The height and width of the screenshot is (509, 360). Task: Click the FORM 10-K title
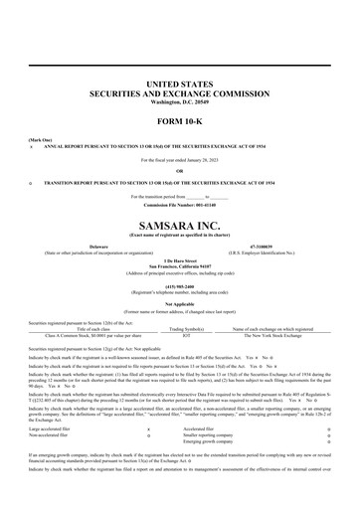(x=180, y=121)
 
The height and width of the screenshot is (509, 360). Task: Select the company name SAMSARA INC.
(x=180, y=227)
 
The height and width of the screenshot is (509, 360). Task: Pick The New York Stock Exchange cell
(x=271, y=335)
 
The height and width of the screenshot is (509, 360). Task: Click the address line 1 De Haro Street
(x=180, y=259)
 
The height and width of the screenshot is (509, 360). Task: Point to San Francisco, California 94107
(x=180, y=265)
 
